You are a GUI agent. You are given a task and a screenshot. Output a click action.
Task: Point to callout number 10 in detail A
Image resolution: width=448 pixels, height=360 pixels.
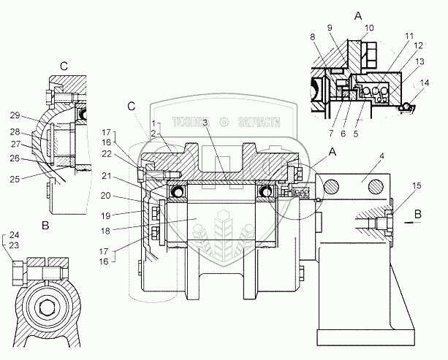(x=368, y=28)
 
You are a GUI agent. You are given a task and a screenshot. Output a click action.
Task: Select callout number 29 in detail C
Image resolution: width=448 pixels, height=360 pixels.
(x=15, y=115)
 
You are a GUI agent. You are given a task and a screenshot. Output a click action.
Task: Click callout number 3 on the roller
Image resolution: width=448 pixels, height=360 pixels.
(x=206, y=123)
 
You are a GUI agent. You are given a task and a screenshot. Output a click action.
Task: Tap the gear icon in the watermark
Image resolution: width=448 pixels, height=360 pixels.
(x=228, y=123)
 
